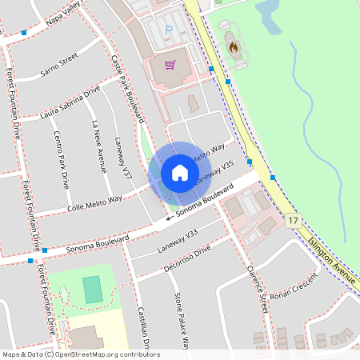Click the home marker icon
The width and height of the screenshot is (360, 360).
179,173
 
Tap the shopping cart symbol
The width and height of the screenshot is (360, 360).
170,65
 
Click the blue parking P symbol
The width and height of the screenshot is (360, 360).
168,30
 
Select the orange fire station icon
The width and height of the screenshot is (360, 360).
234,47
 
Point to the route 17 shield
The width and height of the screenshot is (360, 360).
294,221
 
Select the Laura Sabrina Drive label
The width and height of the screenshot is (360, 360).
70,102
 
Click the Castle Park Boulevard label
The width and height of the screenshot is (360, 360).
127,88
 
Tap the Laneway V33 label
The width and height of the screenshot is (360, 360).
177,240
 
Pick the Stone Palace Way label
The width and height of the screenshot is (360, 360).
182,321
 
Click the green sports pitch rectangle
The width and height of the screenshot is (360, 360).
93,289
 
